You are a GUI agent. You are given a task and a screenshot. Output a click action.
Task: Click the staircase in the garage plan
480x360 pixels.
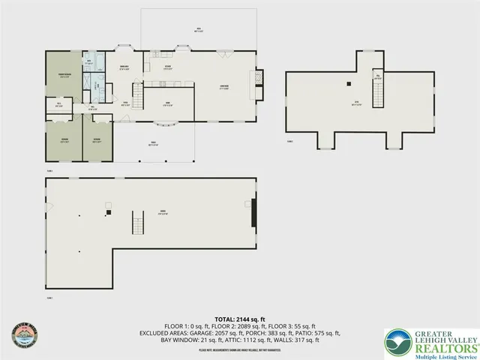coord(137,223)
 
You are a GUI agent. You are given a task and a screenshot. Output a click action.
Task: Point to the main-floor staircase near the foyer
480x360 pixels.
coord(137,96)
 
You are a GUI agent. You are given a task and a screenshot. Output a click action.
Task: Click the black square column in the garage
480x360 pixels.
coord(109,213)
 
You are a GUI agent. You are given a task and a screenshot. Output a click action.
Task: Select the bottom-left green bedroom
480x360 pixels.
coord(64,141)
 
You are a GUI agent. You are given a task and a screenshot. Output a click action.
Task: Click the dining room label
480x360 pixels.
coord(125,67)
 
